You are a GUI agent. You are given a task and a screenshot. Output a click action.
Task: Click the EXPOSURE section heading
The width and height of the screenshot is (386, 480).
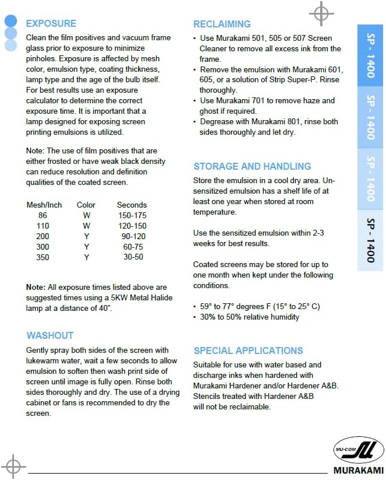coord(51,23)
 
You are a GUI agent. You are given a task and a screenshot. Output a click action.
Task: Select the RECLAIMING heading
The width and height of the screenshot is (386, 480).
coord(222,24)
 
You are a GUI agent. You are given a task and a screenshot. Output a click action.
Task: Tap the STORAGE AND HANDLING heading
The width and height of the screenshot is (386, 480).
coord(252,166)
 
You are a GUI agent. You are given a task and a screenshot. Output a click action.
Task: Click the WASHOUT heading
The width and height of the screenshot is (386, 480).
coord(50,335)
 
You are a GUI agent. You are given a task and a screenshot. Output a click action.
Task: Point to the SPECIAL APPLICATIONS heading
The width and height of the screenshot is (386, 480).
coord(248,351)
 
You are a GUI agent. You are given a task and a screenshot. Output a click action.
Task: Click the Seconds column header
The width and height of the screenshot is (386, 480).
coord(132,205)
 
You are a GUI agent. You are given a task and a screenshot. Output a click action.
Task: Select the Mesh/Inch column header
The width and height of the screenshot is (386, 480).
coord(44,205)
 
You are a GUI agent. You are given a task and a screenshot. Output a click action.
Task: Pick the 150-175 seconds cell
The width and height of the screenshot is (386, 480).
coord(132,215)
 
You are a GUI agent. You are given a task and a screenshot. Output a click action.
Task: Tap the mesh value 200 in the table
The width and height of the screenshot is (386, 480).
coord(43,236)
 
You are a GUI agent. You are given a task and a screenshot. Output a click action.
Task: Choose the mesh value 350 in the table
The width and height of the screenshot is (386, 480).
coord(43,257)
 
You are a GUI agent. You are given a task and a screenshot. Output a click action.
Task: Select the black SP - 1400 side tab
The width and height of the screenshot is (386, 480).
coord(371,240)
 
